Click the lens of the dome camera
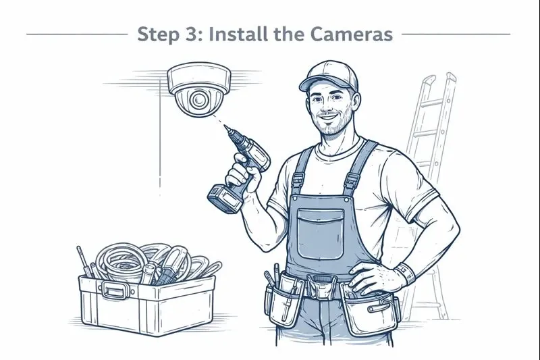[x=198, y=99]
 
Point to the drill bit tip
[x=225, y=127]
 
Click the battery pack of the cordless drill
[x=225, y=199]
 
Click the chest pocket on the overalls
[x=320, y=234]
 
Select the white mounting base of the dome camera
[x=198, y=78]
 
